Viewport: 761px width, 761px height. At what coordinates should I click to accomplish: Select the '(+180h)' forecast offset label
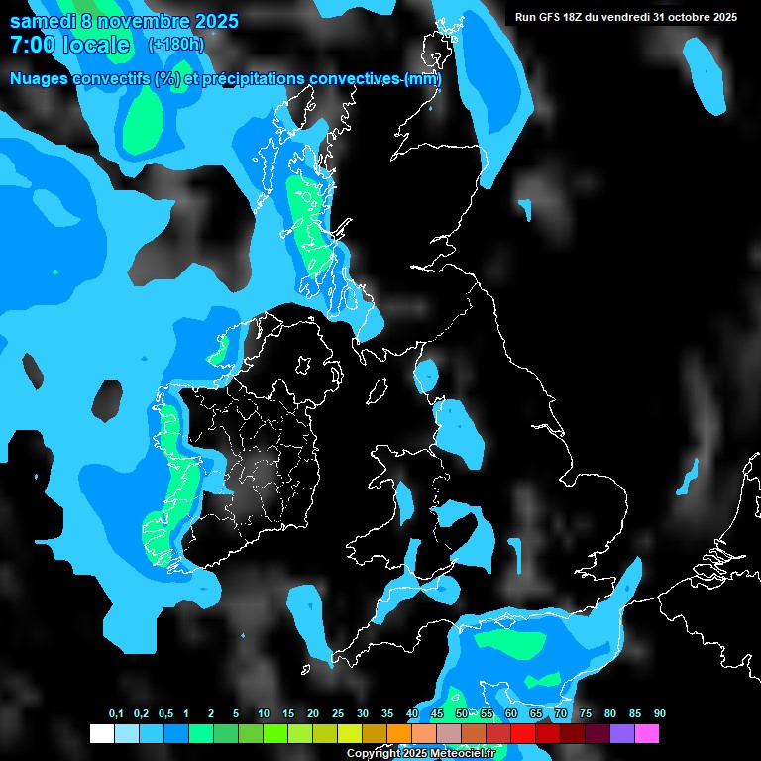tap(175, 45)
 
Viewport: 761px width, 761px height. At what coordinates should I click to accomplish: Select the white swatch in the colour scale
tap(101, 734)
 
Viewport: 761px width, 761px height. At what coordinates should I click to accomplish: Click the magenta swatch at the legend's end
tap(647, 734)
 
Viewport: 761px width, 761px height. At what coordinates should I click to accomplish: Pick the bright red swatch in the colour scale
tap(523, 734)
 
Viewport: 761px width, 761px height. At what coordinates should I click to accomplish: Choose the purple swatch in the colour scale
tap(622, 734)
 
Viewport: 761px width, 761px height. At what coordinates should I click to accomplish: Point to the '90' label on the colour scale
tap(660, 714)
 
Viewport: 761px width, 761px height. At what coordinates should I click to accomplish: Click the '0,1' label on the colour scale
tap(115, 714)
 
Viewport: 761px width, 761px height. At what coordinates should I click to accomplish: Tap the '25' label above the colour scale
tap(338, 714)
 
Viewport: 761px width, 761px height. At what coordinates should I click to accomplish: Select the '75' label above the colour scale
tap(586, 714)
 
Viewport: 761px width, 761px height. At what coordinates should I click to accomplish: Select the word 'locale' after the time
tap(96, 45)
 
